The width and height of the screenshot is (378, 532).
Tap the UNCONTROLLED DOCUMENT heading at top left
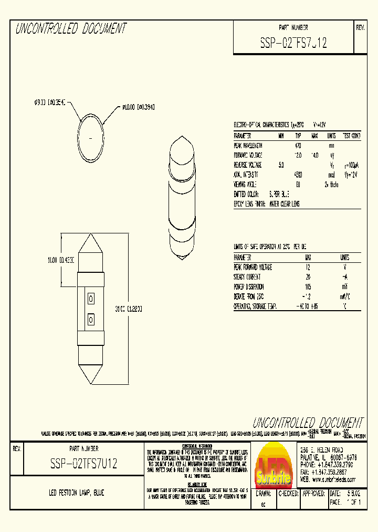(x=71, y=29)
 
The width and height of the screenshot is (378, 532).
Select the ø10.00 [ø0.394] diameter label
(x=138, y=107)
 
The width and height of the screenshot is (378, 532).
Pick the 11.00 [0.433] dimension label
(x=58, y=260)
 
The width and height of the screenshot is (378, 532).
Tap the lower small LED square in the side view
(x=90, y=319)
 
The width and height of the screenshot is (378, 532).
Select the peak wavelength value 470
(x=298, y=146)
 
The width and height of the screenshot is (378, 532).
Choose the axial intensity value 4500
(x=298, y=175)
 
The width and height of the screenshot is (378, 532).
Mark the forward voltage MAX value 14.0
(x=315, y=155)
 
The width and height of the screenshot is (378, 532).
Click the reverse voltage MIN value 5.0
(x=281, y=165)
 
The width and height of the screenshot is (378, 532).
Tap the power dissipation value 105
(x=308, y=287)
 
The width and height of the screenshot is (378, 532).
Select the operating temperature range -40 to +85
(x=308, y=306)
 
